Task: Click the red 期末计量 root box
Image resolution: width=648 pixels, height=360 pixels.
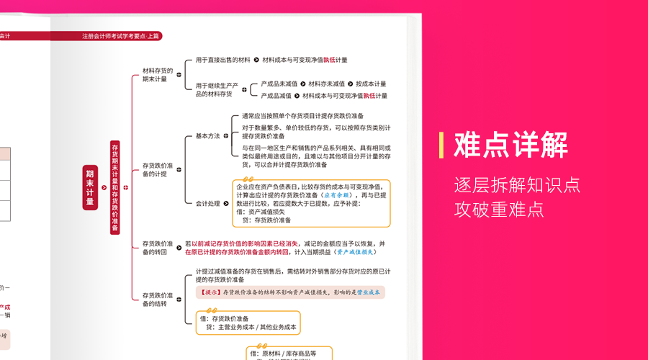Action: (x=90, y=187)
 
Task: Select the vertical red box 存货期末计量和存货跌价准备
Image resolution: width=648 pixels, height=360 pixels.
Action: (x=115, y=187)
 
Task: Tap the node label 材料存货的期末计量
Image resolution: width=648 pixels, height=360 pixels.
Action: (x=158, y=74)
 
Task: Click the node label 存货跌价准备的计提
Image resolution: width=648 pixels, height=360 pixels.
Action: (x=158, y=169)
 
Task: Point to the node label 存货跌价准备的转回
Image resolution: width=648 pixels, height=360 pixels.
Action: (x=158, y=248)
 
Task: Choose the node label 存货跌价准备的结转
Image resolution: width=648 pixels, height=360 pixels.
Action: (x=158, y=299)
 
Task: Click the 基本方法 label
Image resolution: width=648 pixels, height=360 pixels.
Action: (x=208, y=136)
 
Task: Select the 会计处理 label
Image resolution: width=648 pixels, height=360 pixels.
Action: (x=208, y=204)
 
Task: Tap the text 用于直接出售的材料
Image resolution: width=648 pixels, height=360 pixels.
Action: (x=222, y=60)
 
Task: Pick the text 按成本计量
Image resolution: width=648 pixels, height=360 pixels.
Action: (x=371, y=84)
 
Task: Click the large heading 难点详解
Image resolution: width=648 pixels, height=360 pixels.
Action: (x=511, y=145)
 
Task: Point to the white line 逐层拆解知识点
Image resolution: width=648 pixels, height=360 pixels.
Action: (x=517, y=185)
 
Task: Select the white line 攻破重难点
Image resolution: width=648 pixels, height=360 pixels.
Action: (x=499, y=210)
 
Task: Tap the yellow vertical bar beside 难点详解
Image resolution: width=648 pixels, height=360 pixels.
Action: (x=441, y=145)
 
